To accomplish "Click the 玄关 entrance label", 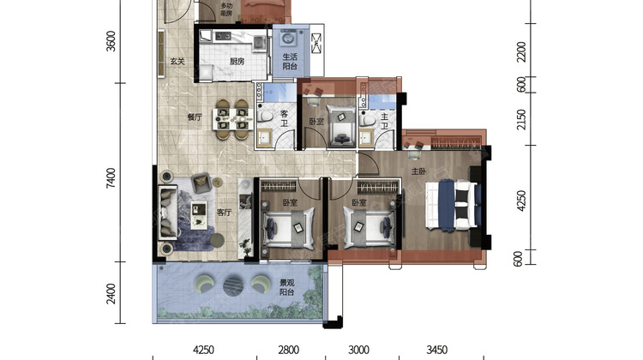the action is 177,62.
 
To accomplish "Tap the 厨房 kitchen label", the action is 237,62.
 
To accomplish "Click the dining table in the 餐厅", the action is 232,119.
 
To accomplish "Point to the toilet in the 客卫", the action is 266,117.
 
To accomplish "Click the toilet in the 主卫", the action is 368,120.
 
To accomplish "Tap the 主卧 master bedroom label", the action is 418,171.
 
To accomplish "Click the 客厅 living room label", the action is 224,213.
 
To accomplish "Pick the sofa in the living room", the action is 168,213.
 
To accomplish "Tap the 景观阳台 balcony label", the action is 286,287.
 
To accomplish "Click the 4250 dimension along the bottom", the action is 203,351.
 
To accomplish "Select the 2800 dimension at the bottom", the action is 289,351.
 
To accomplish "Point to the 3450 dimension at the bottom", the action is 436,351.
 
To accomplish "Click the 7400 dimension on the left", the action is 111,178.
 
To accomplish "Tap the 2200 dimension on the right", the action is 521,51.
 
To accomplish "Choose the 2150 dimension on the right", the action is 521,119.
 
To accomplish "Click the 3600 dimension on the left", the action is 111,41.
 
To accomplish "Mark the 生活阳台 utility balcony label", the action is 290,62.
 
